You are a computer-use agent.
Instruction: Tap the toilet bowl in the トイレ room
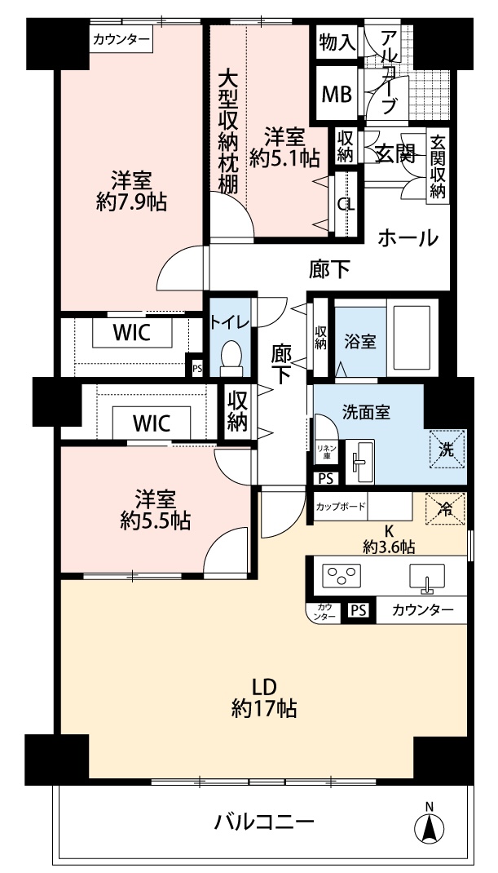(231, 356)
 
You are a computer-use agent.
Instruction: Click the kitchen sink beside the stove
(427, 577)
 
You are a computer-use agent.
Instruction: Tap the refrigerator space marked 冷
(445, 508)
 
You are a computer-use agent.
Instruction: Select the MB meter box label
(337, 95)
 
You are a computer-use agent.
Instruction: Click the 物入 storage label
(337, 42)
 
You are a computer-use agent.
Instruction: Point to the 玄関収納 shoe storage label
(438, 167)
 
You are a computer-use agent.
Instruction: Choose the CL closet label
(346, 204)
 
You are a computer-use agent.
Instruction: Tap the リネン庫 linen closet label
(324, 452)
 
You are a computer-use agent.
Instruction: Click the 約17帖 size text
(263, 708)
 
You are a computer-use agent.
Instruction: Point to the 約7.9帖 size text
(131, 202)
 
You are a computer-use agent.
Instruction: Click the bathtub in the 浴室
(412, 339)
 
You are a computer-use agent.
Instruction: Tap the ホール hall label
(408, 238)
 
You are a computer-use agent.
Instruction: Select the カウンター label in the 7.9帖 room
(121, 39)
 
